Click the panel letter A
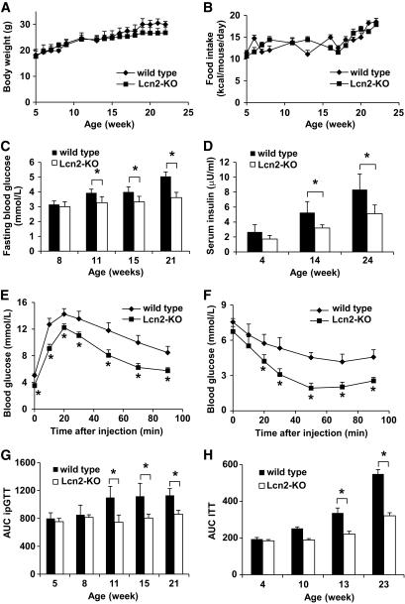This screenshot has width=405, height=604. click(8, 8)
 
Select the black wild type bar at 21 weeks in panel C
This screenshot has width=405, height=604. click(164, 210)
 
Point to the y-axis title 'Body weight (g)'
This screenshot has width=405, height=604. click(9, 60)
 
